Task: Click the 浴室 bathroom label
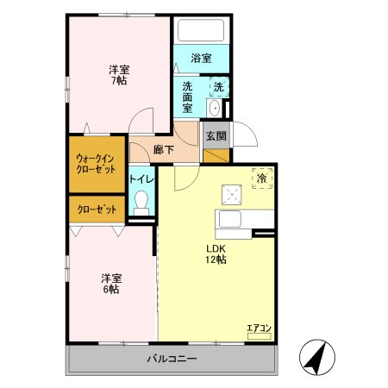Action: (x=201, y=59)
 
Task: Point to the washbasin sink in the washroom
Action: (x=214, y=108)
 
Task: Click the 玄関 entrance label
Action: (x=216, y=135)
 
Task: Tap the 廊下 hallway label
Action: (x=162, y=149)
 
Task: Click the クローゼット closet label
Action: (x=96, y=210)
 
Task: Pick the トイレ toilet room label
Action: (x=141, y=178)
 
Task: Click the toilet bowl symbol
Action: (x=142, y=204)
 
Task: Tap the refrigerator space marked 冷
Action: (x=263, y=178)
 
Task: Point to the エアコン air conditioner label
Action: (x=260, y=327)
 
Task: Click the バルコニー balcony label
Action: (x=171, y=359)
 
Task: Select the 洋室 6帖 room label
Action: (x=110, y=283)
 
